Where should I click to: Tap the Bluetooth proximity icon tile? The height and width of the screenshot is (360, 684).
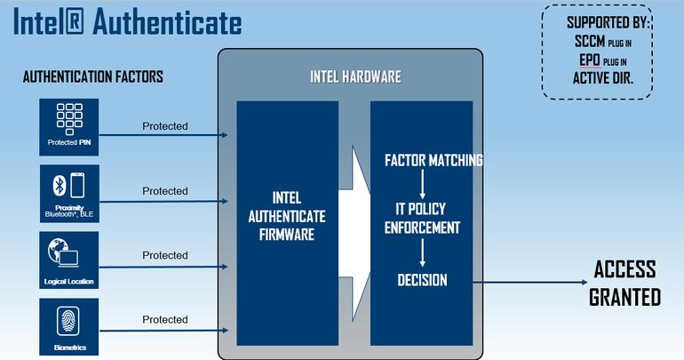click(68, 186)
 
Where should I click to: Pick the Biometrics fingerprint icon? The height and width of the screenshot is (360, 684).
click(68, 319)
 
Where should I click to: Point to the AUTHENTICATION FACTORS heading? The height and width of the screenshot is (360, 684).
click(92, 77)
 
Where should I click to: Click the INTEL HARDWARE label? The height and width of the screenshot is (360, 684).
click(354, 76)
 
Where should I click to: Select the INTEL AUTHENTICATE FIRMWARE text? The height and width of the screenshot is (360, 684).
click(287, 216)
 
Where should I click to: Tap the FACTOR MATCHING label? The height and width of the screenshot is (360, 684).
click(433, 161)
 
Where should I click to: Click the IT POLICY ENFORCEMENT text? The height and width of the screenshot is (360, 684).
click(422, 218)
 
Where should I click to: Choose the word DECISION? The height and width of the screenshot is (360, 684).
click(422, 280)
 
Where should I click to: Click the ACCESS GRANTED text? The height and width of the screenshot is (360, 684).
click(624, 283)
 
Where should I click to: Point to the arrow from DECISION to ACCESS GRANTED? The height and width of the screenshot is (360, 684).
click(524, 282)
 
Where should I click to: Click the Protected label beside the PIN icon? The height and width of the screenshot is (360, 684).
click(165, 126)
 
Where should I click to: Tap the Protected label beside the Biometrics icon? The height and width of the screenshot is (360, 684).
click(165, 319)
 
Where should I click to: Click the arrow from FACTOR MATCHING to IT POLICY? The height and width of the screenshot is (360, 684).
click(422, 185)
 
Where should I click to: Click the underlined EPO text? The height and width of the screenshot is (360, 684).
click(587, 60)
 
